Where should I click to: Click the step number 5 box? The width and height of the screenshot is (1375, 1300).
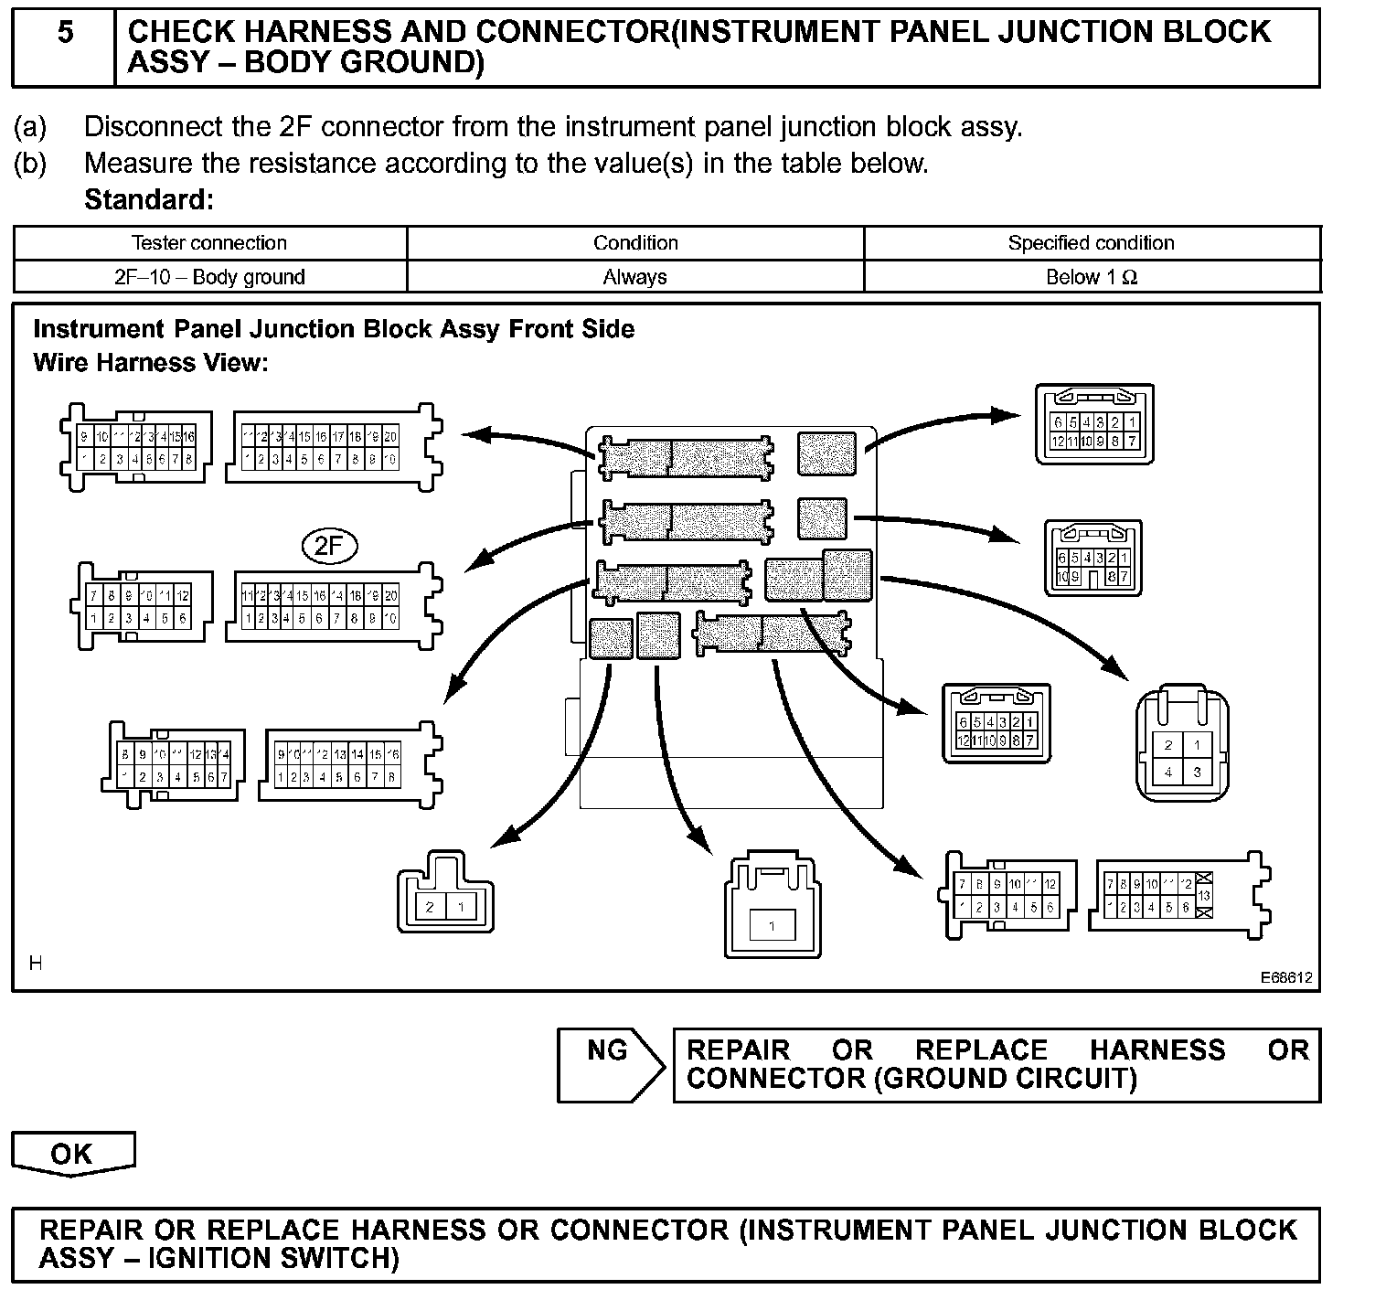[x=65, y=47]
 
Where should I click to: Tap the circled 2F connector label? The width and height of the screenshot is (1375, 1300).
[x=329, y=547]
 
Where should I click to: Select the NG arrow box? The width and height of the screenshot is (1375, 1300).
[x=610, y=1064]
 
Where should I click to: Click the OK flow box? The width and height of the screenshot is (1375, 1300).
[x=72, y=1153]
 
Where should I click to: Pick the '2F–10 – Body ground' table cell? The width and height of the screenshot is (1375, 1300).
[x=209, y=277]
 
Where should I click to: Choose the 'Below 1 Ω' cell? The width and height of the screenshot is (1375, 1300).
[x=1091, y=277]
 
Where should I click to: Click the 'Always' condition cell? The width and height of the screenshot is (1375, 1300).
[x=634, y=277]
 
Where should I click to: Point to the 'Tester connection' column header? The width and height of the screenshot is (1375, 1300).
[x=209, y=243]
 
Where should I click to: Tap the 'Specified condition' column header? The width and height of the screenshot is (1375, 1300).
[x=1091, y=243]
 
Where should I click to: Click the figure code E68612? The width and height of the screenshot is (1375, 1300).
[x=1286, y=977]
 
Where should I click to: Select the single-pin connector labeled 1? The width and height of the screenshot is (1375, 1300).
[x=772, y=926]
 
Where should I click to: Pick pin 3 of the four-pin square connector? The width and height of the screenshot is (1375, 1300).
[x=1197, y=773]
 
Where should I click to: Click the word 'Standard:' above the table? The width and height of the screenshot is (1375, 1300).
[x=149, y=199]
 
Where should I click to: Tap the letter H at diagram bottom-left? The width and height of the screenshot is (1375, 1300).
[x=36, y=963]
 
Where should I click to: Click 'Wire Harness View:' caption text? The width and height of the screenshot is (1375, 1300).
[x=151, y=363]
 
